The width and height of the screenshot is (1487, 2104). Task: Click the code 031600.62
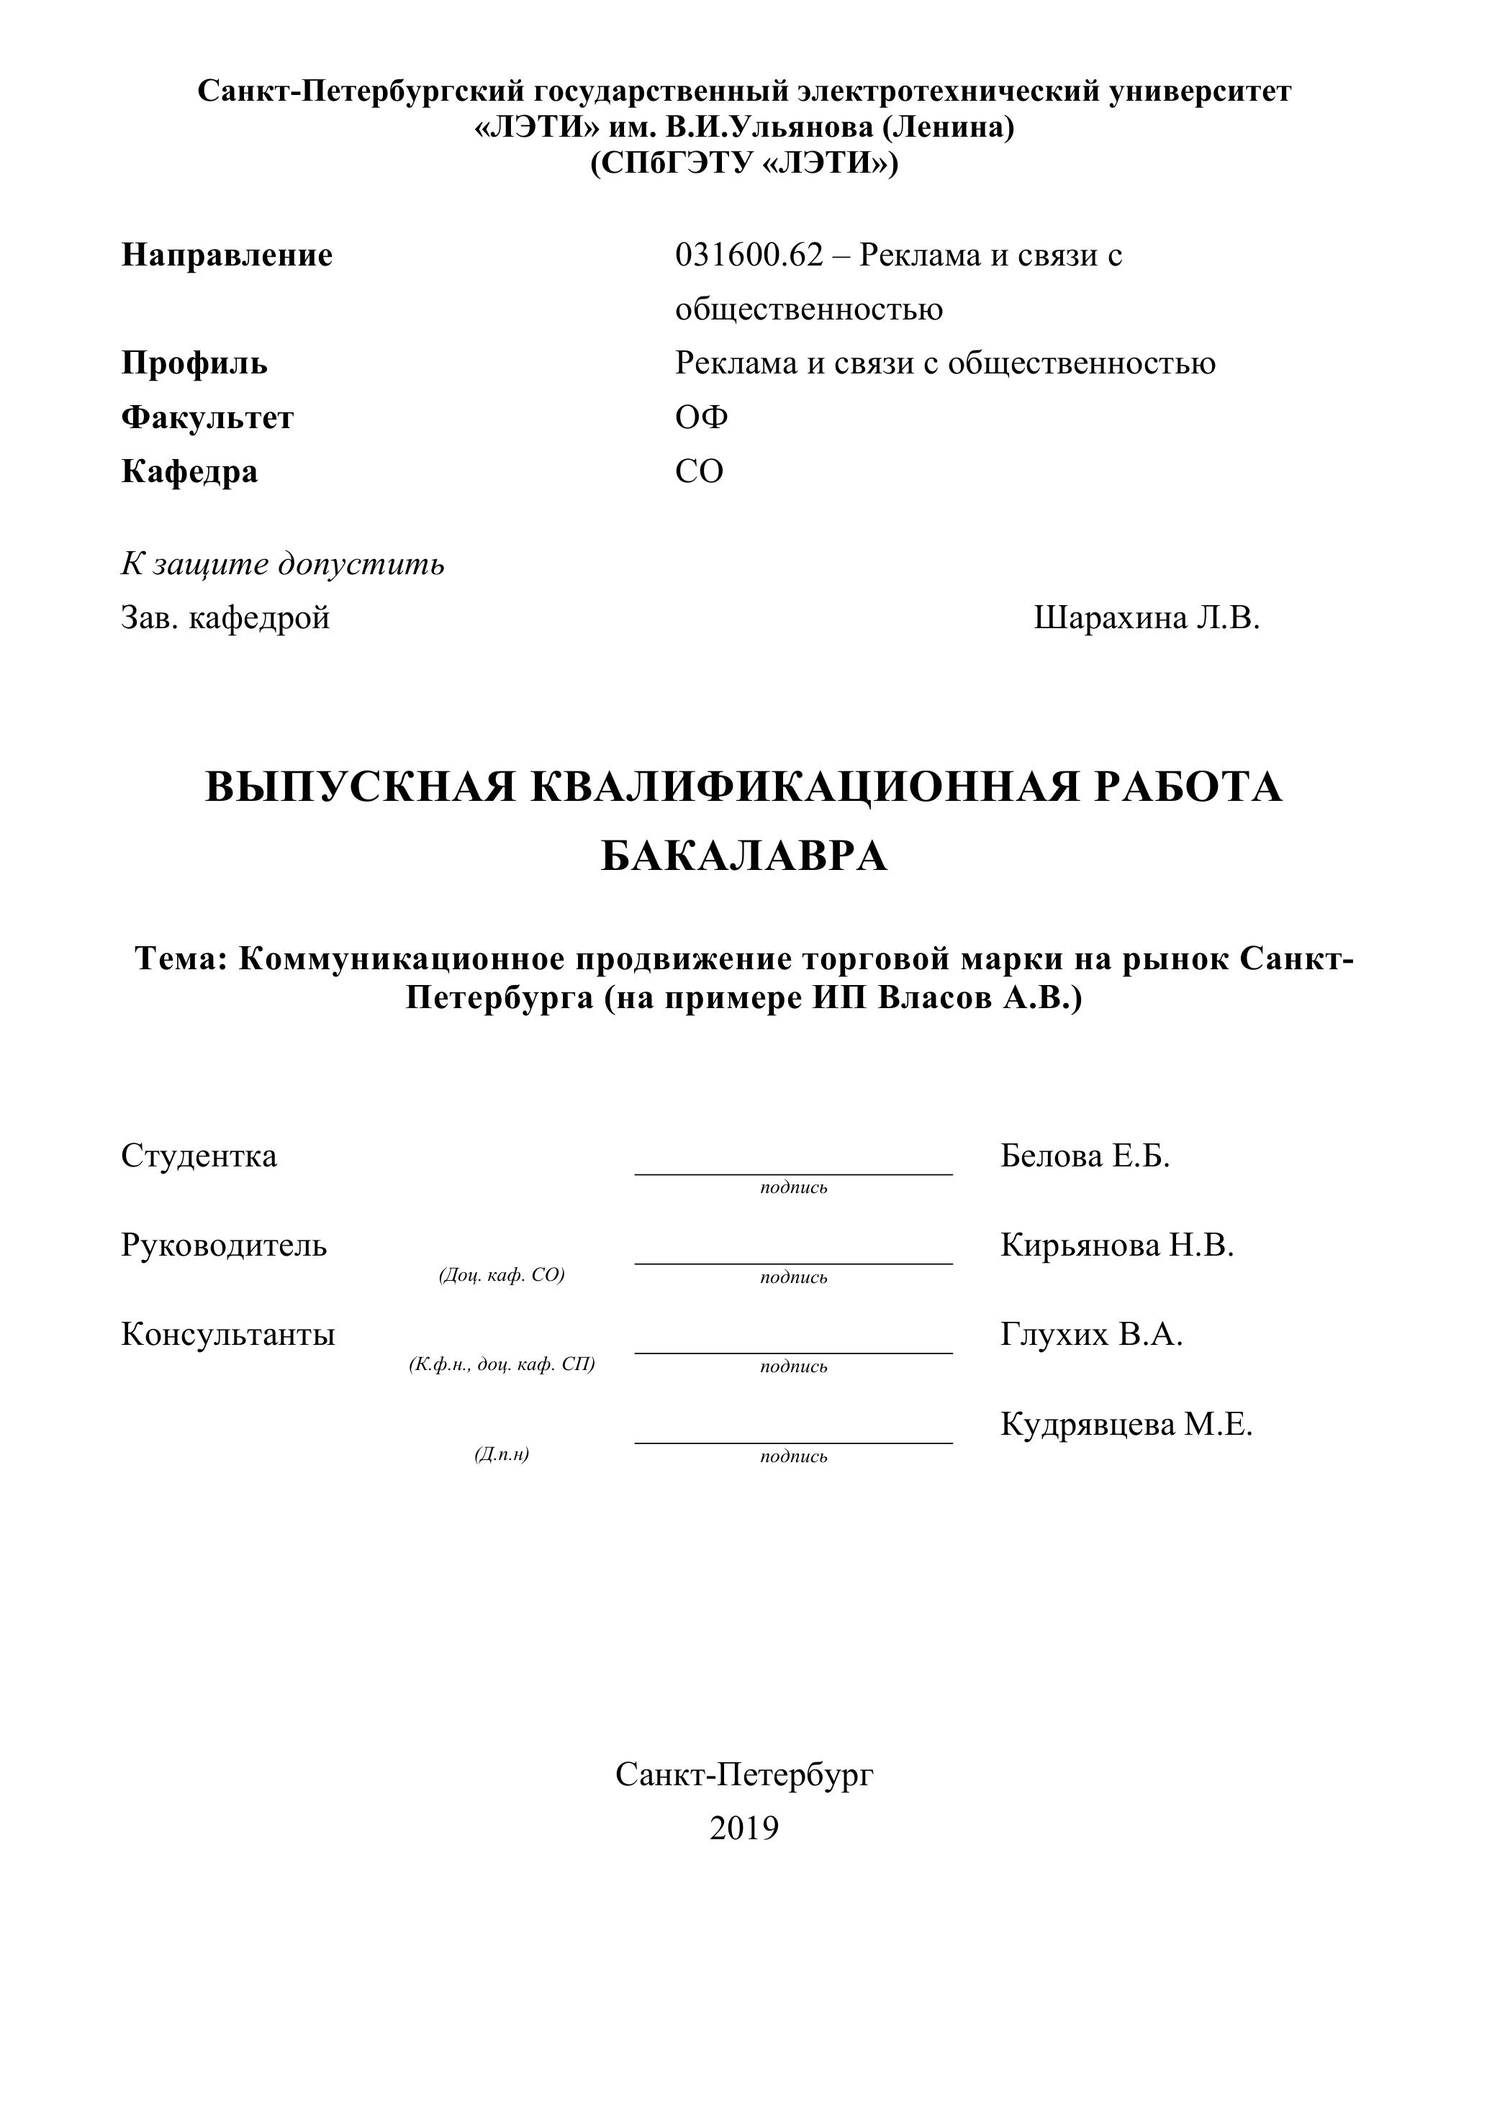coord(749,255)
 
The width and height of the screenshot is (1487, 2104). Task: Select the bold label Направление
coord(227,255)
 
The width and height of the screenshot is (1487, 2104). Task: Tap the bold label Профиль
coord(194,364)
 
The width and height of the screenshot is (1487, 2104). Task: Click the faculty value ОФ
coord(701,418)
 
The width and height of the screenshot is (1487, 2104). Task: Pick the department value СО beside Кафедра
coord(700,472)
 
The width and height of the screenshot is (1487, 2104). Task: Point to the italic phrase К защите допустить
coord(282,564)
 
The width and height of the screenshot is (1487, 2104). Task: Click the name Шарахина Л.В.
coord(1146,619)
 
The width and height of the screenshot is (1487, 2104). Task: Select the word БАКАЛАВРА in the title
coord(743,856)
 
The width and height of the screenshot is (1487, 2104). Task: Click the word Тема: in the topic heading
coord(181,958)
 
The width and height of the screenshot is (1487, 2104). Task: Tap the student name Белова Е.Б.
coord(1085,1156)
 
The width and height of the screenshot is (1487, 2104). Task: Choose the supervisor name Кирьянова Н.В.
coord(1116,1246)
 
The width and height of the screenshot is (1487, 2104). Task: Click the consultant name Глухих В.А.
coord(1091,1336)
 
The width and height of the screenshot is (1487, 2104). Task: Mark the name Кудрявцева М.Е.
coord(1126,1425)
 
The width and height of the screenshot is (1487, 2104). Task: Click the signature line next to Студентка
coord(793,1172)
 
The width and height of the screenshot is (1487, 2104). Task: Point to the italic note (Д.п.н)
coord(502,1454)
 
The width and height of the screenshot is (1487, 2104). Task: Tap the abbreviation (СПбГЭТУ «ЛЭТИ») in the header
coord(743,163)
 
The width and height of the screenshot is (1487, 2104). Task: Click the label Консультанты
coord(228,1336)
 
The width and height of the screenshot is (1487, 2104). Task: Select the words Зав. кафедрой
coord(225,619)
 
